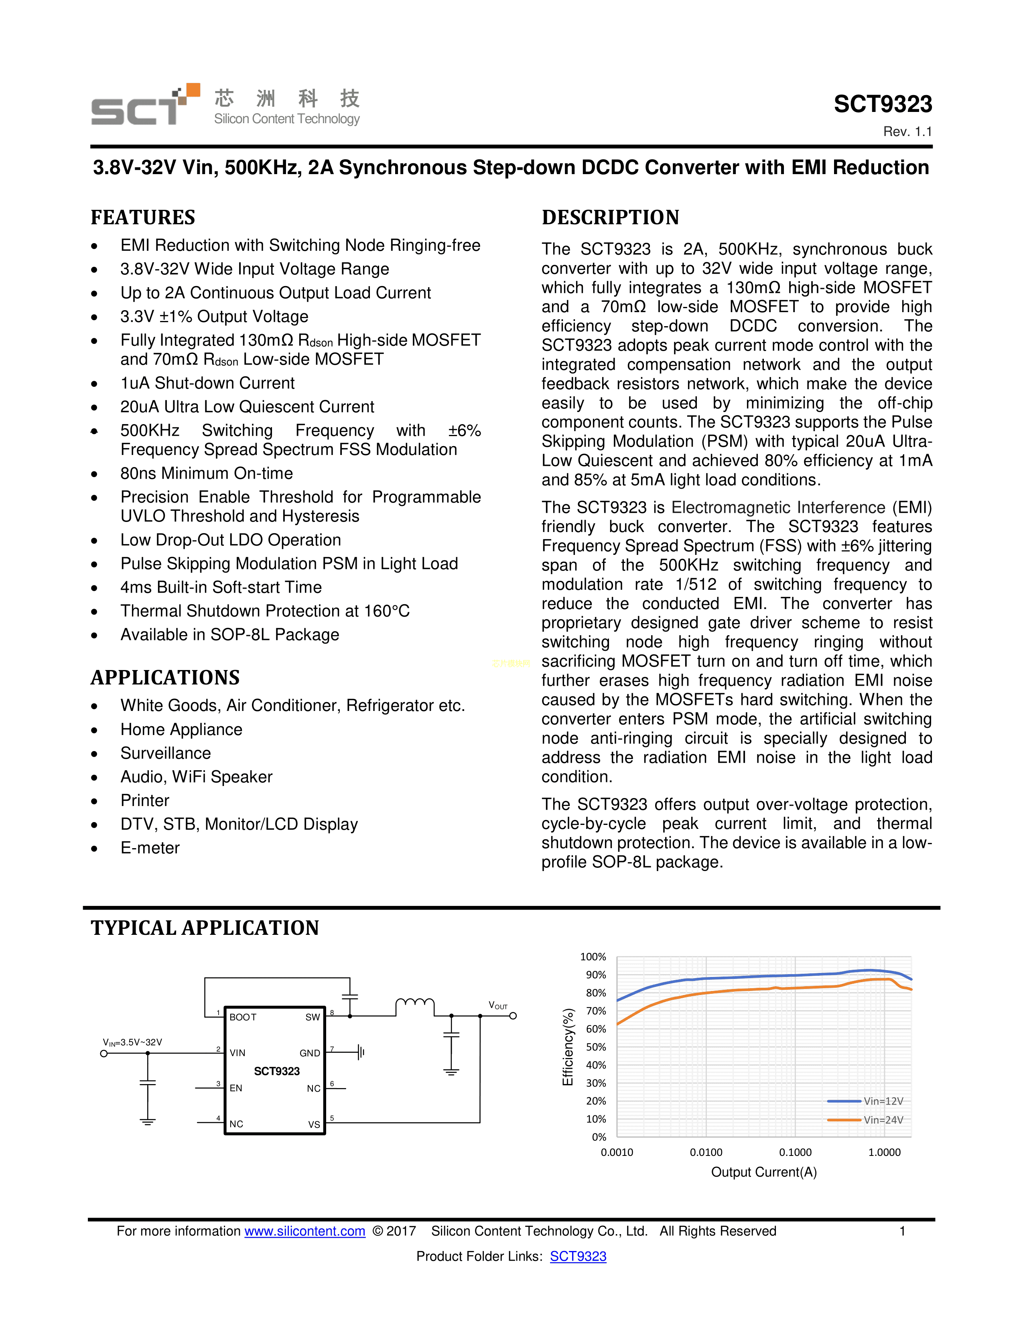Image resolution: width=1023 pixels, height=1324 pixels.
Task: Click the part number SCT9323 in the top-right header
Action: [x=883, y=104]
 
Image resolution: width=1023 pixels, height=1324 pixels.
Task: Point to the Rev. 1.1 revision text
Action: [x=907, y=132]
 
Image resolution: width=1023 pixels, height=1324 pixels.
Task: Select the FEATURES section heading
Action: [x=143, y=217]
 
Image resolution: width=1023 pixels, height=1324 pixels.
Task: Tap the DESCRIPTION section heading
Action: [x=610, y=217]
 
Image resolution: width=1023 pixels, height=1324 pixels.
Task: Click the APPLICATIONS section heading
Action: [x=165, y=677]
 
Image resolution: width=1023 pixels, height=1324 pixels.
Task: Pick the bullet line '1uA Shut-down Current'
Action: [x=207, y=383]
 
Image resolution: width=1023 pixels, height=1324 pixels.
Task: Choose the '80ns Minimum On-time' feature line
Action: [x=207, y=473]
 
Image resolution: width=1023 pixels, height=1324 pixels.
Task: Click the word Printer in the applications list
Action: [x=145, y=801]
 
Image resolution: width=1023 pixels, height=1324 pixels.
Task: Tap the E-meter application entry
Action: [x=150, y=848]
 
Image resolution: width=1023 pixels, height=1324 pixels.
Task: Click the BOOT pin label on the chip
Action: [x=243, y=1017]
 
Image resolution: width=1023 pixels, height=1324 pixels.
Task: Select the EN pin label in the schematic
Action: [x=236, y=1088]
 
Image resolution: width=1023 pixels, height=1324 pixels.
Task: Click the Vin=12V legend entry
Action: [x=883, y=1101]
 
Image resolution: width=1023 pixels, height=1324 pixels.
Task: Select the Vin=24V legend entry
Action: [x=883, y=1120]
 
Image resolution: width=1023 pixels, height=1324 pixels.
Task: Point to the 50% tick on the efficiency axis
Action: [x=596, y=1047]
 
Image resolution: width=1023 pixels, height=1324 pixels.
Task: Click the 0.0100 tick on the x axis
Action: [x=706, y=1152]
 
